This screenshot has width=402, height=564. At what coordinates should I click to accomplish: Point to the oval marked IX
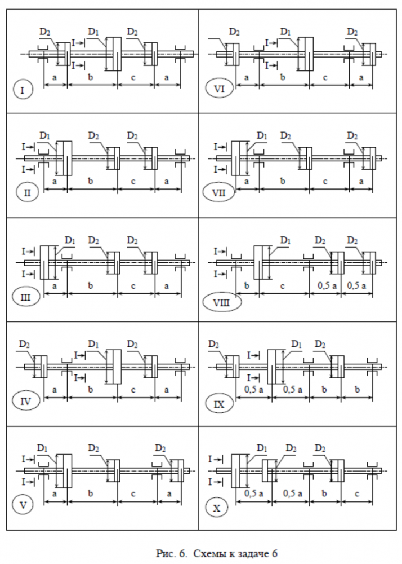point(219,403)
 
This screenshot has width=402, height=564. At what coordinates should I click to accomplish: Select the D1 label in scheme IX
point(296,344)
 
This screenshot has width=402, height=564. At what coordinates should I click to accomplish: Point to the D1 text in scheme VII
point(262,135)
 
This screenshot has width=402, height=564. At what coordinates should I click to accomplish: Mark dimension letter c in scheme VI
point(328,77)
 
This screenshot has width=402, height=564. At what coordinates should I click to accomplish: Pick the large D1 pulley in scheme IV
point(114,367)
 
